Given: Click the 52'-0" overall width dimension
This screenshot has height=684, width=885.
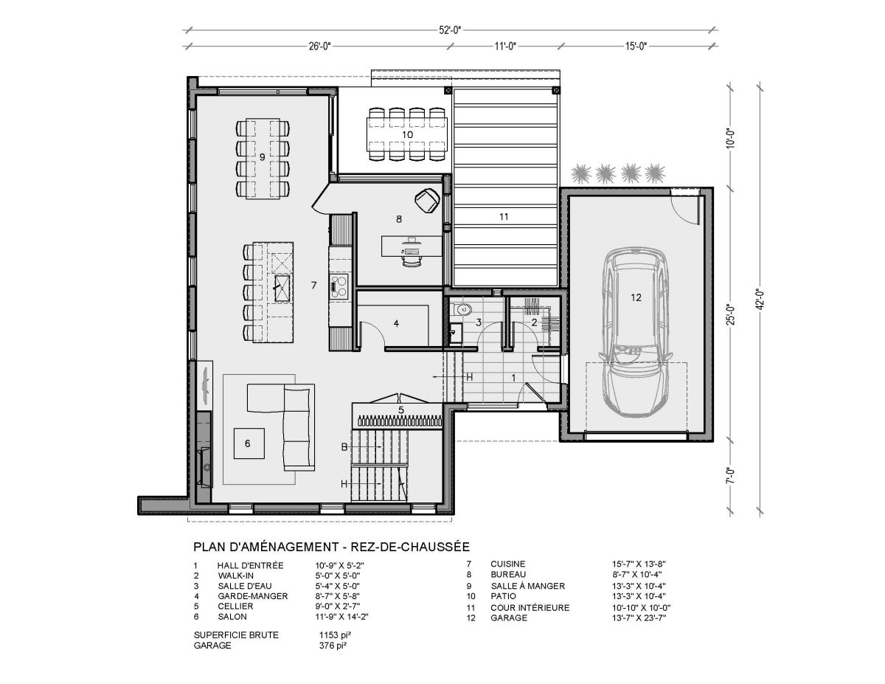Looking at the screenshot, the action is coord(450,30).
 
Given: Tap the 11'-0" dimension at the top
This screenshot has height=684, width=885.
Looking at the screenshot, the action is coord(505,46).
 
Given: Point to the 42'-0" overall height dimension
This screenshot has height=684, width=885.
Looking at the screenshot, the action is coord(760,300).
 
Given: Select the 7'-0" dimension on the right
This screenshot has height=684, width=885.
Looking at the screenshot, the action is coord(731,475).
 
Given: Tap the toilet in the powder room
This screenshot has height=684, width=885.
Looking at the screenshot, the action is coord(462,309).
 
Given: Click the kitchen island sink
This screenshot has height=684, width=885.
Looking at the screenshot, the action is coord(282,288).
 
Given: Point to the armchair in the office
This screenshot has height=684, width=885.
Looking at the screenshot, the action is coord(427,200).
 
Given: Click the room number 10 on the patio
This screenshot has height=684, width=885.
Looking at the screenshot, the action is coord(407,134).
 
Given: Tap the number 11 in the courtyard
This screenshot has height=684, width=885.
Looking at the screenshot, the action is coord(504,217).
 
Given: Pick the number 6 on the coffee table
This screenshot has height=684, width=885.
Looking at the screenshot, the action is coord(248,443).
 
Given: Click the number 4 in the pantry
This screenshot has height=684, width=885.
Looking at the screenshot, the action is coord(396,323).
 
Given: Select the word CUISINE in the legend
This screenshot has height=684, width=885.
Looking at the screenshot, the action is coord(508,564).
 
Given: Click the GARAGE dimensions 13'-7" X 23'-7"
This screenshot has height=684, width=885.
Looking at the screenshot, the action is coord(639,618).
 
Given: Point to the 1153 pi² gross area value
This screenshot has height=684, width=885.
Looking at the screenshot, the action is coord(335,635).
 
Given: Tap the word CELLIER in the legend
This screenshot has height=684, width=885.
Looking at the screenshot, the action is coord(235,606).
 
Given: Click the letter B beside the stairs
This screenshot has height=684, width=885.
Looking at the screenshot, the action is coord(344,447).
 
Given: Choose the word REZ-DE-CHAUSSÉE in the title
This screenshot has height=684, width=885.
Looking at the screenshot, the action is coord(410,546).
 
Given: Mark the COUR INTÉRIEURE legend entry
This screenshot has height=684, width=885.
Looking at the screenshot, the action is coord(530,607).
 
